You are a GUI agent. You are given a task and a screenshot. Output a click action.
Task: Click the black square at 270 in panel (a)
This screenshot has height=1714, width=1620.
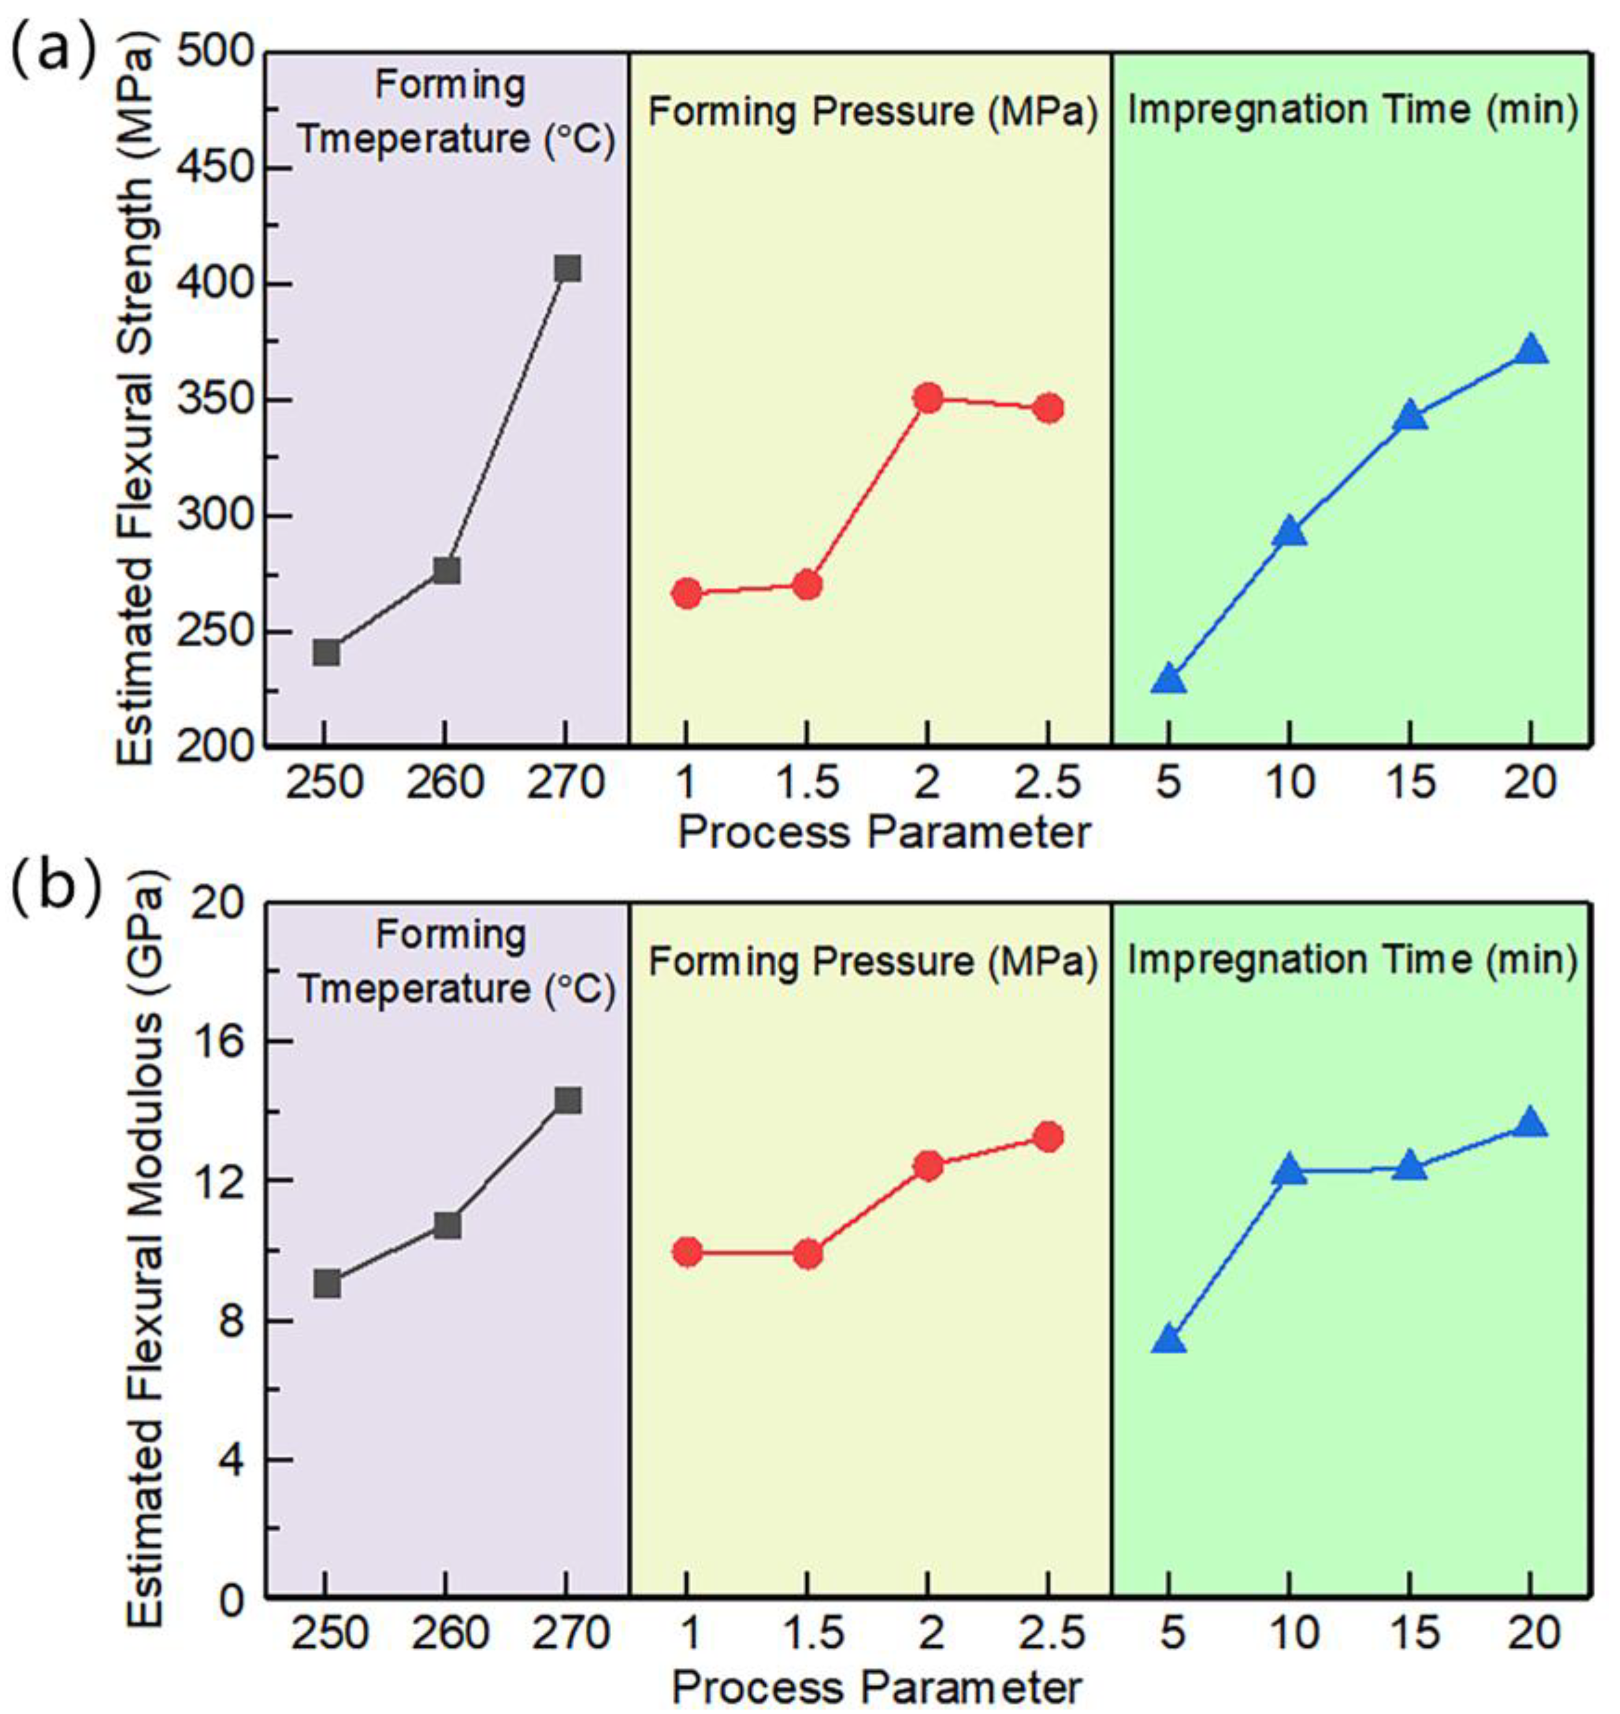click(567, 268)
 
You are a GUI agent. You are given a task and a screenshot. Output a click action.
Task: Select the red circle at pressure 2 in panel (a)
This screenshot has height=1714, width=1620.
click(927, 398)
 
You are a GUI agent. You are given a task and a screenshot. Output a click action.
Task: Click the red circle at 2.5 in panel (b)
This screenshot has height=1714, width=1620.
click(1048, 1137)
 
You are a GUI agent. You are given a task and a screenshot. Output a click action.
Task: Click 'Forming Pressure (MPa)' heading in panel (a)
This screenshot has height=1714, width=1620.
click(872, 112)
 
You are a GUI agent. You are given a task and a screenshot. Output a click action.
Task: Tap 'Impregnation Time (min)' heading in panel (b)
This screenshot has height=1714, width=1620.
click(1352, 959)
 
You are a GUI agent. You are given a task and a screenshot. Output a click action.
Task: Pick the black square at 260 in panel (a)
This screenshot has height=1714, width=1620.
click(445, 571)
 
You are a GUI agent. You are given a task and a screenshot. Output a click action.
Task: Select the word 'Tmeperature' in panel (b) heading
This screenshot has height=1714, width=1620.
click(414, 990)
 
